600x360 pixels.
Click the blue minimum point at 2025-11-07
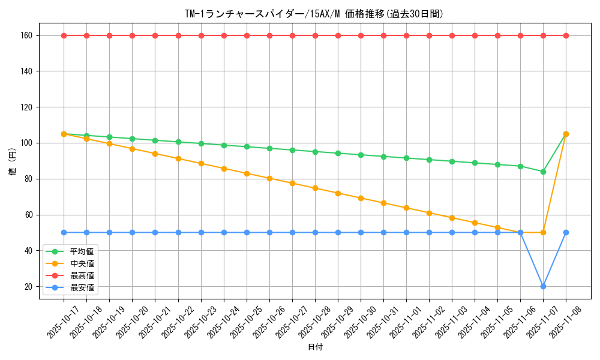543,286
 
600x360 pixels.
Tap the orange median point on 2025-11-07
543,232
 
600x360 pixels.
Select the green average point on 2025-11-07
543,172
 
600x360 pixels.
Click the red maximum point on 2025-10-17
64,35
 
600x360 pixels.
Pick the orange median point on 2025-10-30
361,198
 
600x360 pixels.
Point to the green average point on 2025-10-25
247,146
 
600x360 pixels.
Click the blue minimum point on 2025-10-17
64,232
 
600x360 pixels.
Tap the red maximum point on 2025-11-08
566,35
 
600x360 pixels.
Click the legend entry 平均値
82,251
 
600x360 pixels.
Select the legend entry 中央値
82,263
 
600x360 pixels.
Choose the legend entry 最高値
82,275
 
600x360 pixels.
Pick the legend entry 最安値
82,287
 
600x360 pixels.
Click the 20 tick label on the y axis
28,286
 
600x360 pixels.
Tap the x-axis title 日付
315,347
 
